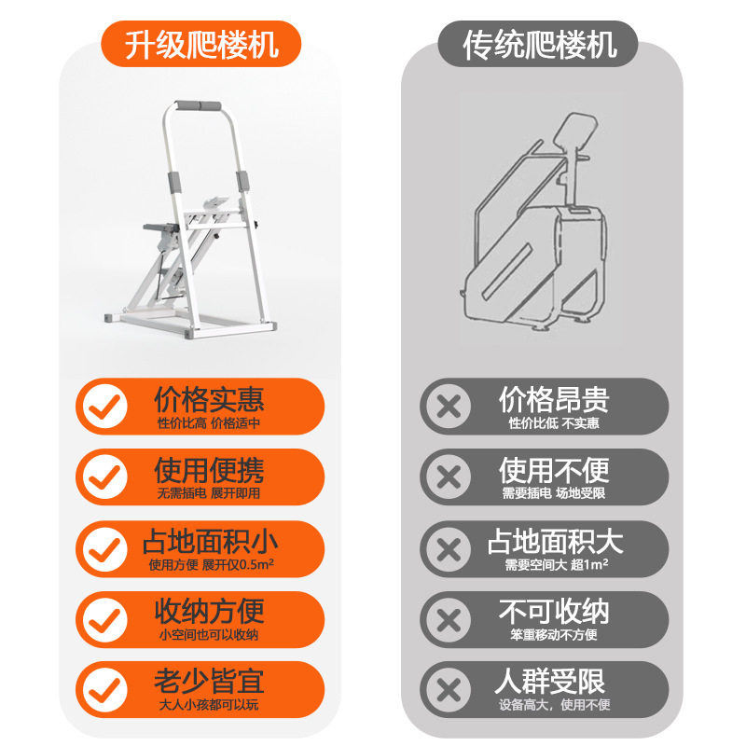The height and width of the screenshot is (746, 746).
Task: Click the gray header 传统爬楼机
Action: click(540, 44)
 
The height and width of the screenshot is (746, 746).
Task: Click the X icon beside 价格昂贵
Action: click(449, 407)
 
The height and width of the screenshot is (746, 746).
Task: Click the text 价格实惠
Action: click(209, 399)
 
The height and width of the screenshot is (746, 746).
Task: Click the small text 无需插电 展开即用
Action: click(209, 493)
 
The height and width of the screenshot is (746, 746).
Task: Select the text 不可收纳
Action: click(554, 612)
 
